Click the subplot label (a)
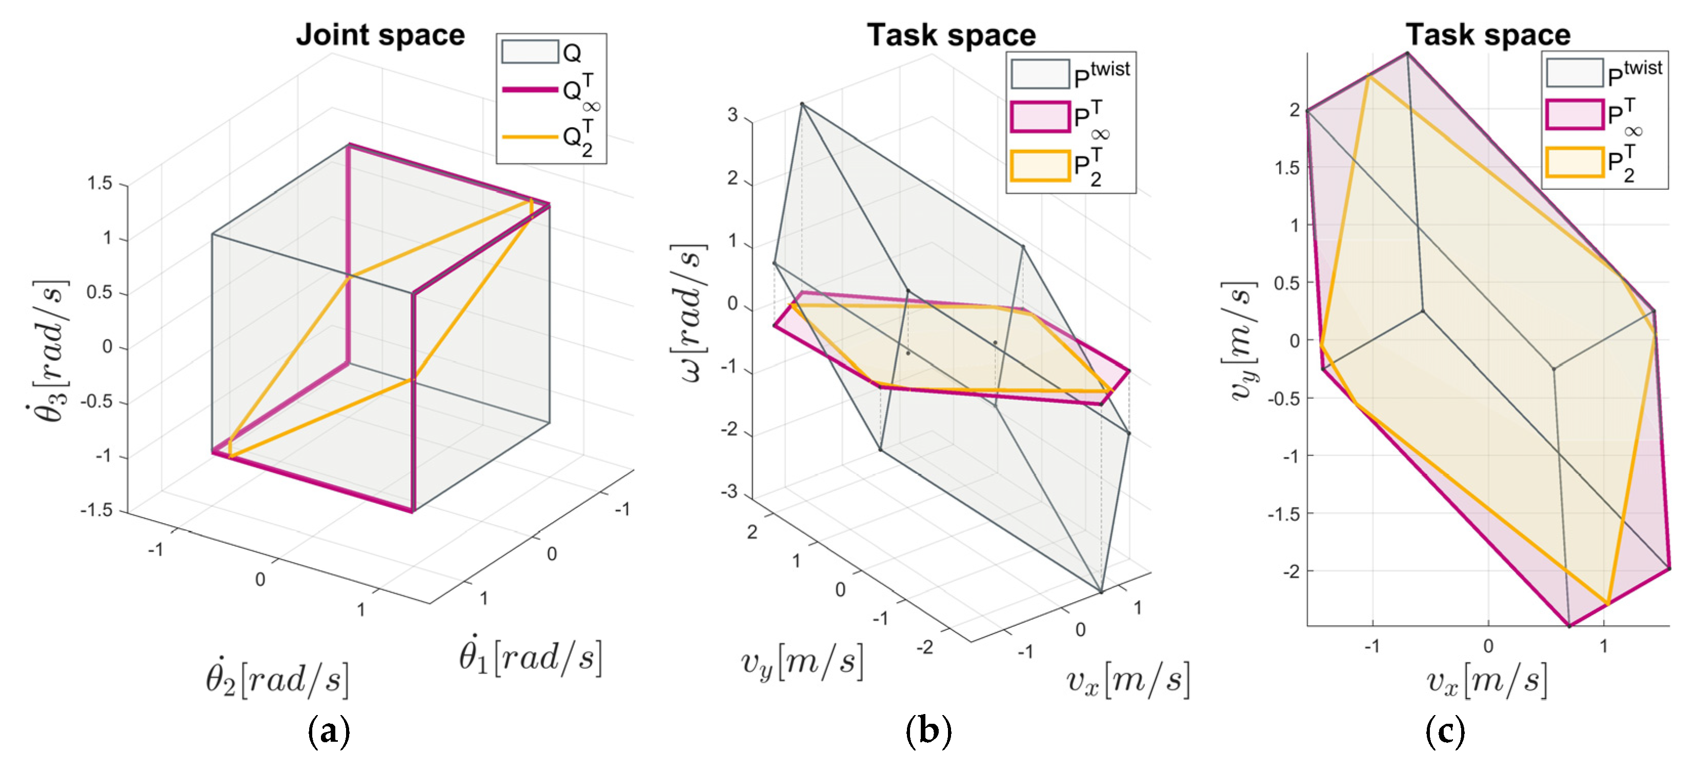pyautogui.click(x=329, y=731)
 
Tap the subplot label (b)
pyautogui.click(x=928, y=731)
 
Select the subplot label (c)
pyautogui.click(x=1445, y=731)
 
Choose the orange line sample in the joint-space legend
pyautogui.click(x=530, y=137)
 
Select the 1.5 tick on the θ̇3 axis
pyautogui.click(x=99, y=183)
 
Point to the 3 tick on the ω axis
pyautogui.click(x=733, y=115)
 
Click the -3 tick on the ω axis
pyautogui.click(x=729, y=492)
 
